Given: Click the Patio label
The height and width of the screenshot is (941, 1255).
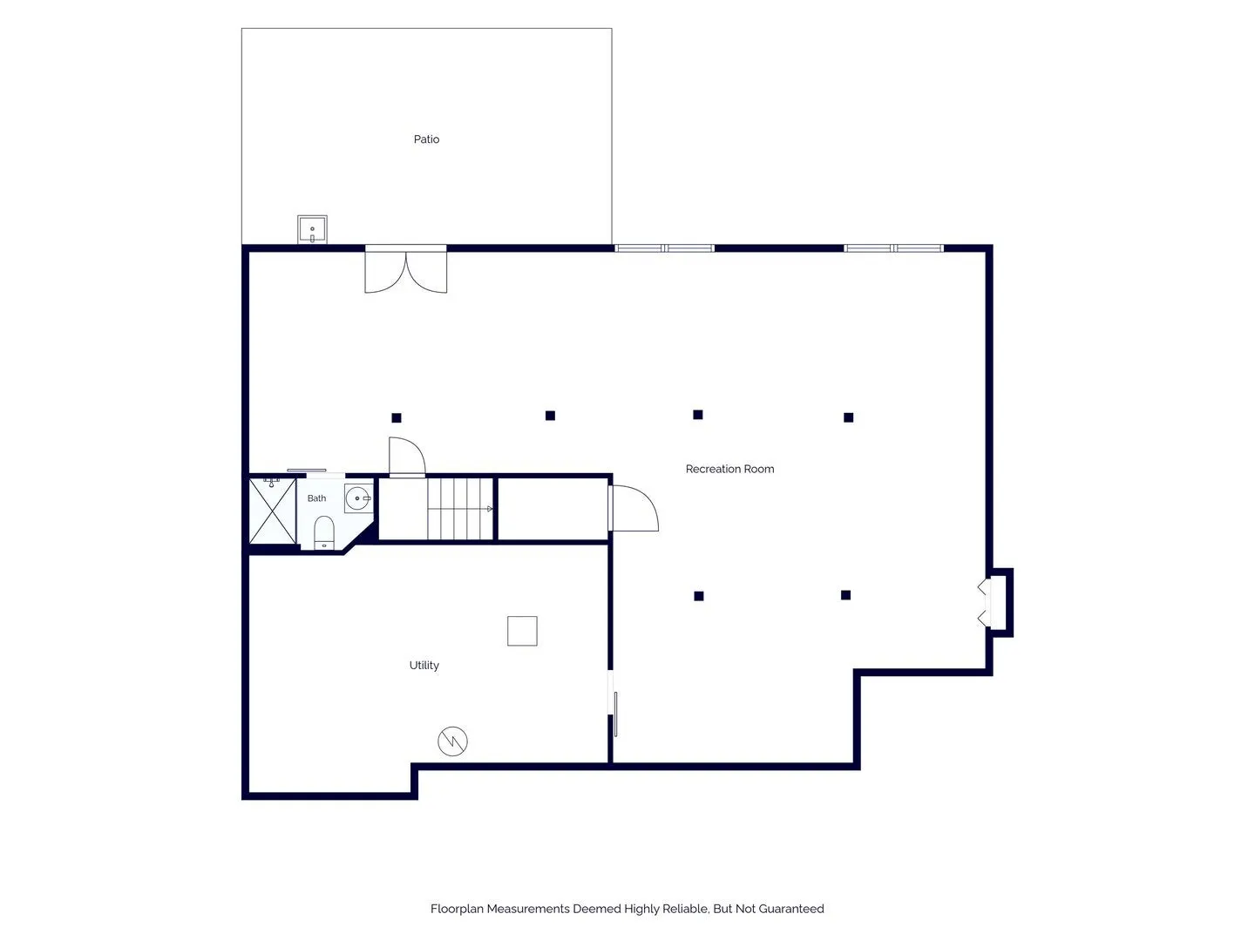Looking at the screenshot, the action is pos(426,139).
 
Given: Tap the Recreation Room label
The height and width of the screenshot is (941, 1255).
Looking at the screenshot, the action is pos(729,469).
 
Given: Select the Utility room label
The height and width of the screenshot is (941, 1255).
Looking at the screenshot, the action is pos(424,665).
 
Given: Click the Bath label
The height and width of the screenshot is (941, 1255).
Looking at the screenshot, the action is pos(316,498).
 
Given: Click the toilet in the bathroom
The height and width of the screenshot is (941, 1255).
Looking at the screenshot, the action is pos(323,532).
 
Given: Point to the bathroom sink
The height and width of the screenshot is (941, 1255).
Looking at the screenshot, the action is pos(358,498).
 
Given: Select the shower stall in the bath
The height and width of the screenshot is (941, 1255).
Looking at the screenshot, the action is pos(272,511).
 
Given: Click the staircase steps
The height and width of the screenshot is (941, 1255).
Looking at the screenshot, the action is pos(460,509).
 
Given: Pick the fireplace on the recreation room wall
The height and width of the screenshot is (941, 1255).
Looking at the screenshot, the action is pos(996,602).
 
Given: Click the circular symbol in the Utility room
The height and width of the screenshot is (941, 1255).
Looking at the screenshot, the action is pos(452,741).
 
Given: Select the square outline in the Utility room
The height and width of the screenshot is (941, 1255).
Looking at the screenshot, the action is pos(522,631).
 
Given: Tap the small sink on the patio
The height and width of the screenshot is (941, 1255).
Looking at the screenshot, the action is pos(312,230).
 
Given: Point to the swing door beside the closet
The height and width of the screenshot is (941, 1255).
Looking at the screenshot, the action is pos(634,509).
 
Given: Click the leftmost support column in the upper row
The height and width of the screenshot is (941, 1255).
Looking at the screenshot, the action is pos(397,417).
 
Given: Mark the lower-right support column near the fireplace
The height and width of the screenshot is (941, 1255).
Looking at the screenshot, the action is pos(845,595).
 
